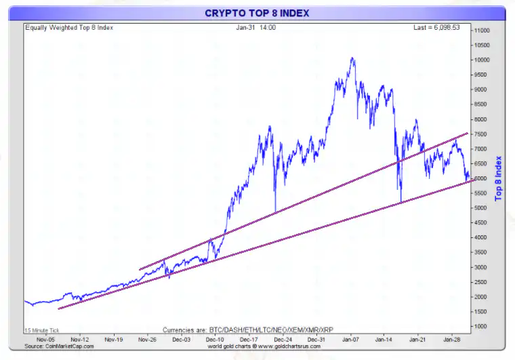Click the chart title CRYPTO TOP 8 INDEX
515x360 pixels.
(x=257, y=14)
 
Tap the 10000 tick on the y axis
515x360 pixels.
(x=482, y=60)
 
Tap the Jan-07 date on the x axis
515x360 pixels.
(x=350, y=338)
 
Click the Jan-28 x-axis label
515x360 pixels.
(x=452, y=338)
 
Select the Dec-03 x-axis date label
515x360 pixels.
(x=181, y=338)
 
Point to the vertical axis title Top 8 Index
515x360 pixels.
(x=498, y=178)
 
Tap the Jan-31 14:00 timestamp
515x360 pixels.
(x=255, y=28)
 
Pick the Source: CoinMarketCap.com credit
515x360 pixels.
(x=59, y=346)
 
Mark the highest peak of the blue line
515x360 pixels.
(x=352, y=58)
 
